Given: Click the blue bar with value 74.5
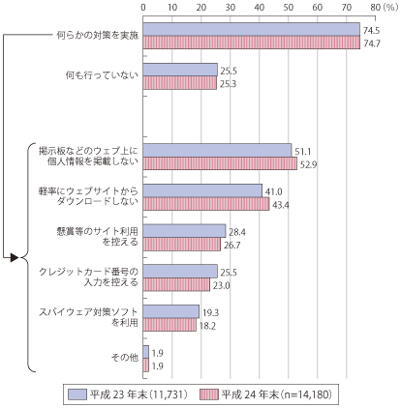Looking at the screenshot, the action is coord(252,29).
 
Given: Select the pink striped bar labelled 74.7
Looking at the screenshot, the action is coord(252,43).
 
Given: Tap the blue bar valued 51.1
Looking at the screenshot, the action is coord(217,151).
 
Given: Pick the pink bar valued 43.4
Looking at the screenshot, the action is coord(206,204).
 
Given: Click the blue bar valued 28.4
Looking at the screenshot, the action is coord(184,231).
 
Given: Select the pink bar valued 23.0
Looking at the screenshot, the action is coord(176,284).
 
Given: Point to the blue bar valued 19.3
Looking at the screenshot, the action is coord(171,311).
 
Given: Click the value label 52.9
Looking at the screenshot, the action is coord(309,165).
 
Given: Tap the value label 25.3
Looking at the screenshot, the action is coord(228,84).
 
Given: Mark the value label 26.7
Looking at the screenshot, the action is coord(232,246).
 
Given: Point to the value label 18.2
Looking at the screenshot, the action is coord(207,326).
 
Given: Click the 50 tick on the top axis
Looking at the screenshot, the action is coord(289,8).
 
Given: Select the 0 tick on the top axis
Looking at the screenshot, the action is coord(143,8).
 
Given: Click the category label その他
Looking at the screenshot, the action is coord(125,358).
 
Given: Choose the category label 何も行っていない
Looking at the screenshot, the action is coord(102,75).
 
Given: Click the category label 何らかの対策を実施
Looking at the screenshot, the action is coord(98,35).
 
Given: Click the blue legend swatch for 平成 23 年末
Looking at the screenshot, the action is coord(77,394).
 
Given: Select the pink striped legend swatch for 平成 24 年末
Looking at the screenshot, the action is coord(209,394).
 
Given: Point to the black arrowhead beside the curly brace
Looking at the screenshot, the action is coord(15,257).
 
